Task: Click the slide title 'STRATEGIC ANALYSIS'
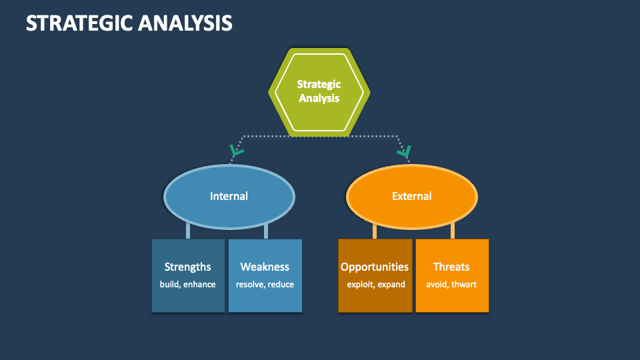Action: click(x=129, y=23)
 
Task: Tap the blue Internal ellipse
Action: click(x=229, y=196)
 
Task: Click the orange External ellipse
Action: click(x=411, y=196)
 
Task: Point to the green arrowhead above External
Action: click(x=404, y=152)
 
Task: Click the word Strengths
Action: click(x=188, y=267)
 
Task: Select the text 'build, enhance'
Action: click(x=188, y=285)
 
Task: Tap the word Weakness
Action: click(x=265, y=267)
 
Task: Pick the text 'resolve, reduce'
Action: click(x=265, y=285)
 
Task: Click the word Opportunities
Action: click(x=375, y=267)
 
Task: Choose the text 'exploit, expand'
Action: click(x=375, y=285)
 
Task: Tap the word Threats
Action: click(x=451, y=267)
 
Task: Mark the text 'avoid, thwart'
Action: click(x=451, y=285)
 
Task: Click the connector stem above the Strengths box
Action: click(x=188, y=231)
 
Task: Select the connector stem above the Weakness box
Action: click(x=266, y=231)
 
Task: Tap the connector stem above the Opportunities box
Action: click(x=375, y=231)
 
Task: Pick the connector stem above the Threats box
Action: click(x=453, y=231)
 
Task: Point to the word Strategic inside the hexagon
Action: click(x=319, y=84)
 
